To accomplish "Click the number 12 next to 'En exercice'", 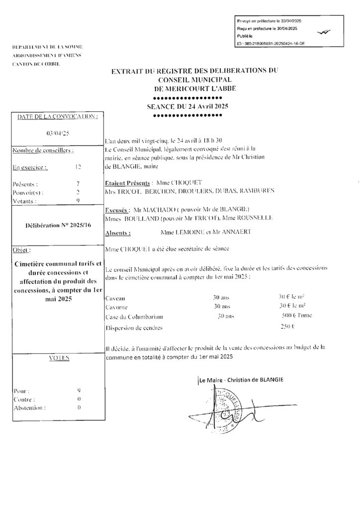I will (x=75, y=168).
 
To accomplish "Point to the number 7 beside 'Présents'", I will (x=78, y=183).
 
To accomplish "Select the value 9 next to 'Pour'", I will (x=79, y=391).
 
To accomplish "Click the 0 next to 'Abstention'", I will (x=79, y=408).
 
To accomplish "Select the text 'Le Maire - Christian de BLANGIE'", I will (x=241, y=380).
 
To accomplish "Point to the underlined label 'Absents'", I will (x=119, y=232).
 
